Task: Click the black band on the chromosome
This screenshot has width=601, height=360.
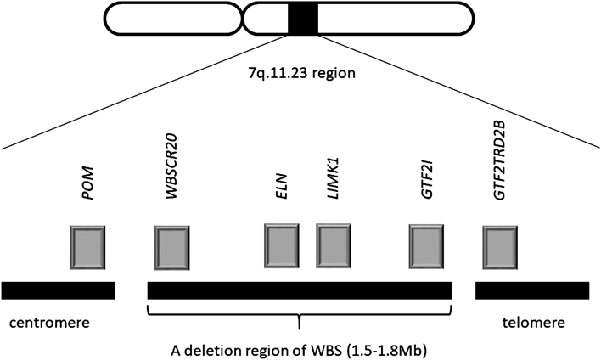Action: click(303, 19)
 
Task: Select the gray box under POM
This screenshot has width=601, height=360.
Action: click(87, 247)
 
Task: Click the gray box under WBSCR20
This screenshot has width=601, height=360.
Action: click(171, 248)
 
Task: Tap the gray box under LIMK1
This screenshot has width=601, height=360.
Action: click(334, 246)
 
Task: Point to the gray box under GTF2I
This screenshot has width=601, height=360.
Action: click(426, 247)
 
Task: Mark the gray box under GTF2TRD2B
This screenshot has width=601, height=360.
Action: click(499, 248)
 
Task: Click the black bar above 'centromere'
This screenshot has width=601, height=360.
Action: click(58, 290)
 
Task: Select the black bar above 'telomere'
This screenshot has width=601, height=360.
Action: click(531, 290)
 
